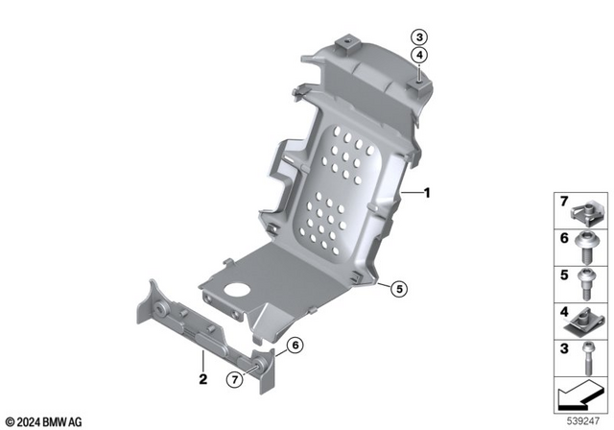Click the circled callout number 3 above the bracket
click(x=419, y=37)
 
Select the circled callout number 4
click(x=419, y=56)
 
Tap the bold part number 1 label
click(x=428, y=193)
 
